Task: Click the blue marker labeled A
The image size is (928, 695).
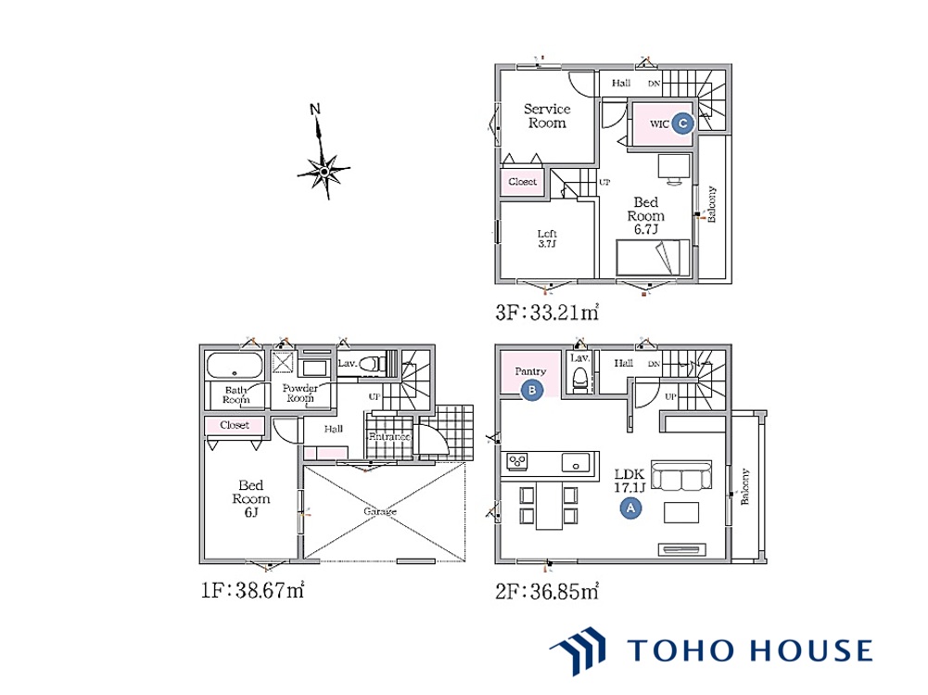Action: click(630, 508)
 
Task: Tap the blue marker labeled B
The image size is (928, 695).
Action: click(532, 390)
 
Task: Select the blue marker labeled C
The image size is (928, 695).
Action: click(683, 123)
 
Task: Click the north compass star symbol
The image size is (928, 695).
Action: click(324, 171)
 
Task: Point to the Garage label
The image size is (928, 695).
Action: click(380, 510)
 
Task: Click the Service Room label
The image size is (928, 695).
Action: click(547, 116)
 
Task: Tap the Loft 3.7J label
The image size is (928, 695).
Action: click(547, 238)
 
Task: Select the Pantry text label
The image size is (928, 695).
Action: click(530, 371)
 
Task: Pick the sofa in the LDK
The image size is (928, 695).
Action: click(681, 475)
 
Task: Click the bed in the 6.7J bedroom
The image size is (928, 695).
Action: click(653, 257)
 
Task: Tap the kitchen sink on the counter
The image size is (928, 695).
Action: click(576, 463)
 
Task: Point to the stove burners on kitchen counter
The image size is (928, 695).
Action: click(517, 460)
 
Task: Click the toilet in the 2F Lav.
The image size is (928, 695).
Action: click(579, 379)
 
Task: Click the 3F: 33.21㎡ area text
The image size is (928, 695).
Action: click(547, 312)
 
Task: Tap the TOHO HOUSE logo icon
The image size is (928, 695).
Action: click(578, 650)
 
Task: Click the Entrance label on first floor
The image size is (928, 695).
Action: click(389, 437)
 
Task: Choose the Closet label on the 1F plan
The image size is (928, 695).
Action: click(235, 425)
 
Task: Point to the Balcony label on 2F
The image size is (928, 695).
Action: click(744, 486)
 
